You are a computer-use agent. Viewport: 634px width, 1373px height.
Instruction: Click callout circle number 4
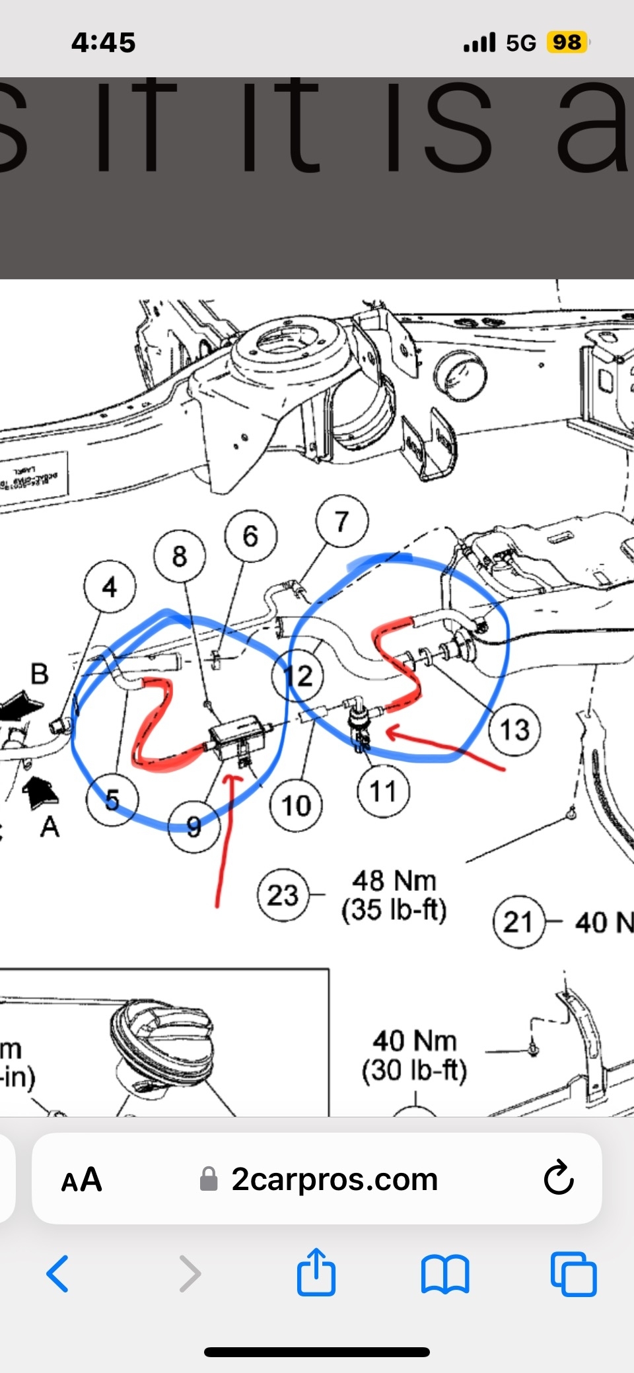tap(110, 586)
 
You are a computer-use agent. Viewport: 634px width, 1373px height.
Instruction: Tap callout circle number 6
tap(250, 536)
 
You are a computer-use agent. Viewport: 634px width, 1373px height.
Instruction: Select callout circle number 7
tap(341, 522)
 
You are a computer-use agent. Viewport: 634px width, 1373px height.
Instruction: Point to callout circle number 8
tap(180, 556)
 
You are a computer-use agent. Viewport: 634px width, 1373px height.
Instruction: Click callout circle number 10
tap(296, 805)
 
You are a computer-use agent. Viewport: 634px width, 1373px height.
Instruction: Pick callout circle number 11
tap(383, 791)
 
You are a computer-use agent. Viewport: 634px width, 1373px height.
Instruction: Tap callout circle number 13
tap(514, 730)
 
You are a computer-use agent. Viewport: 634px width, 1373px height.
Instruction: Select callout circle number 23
tap(283, 896)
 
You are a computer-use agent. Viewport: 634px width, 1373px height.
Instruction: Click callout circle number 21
tap(518, 922)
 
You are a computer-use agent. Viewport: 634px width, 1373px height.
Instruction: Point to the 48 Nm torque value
tap(394, 881)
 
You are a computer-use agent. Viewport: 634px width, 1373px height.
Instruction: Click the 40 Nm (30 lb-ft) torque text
tap(414, 1055)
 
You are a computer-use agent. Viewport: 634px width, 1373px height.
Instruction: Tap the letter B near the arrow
tap(40, 674)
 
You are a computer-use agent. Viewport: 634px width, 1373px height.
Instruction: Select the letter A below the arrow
tap(50, 826)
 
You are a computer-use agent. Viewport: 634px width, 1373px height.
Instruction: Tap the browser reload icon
tap(559, 1179)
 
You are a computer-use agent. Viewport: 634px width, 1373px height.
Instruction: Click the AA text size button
tap(81, 1179)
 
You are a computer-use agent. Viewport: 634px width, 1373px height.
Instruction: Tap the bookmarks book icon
tap(445, 1273)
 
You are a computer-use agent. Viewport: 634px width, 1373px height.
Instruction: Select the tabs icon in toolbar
tap(573, 1273)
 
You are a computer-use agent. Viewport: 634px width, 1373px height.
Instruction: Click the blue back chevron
tap(58, 1273)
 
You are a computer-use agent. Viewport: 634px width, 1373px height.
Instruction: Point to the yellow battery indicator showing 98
tap(567, 42)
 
